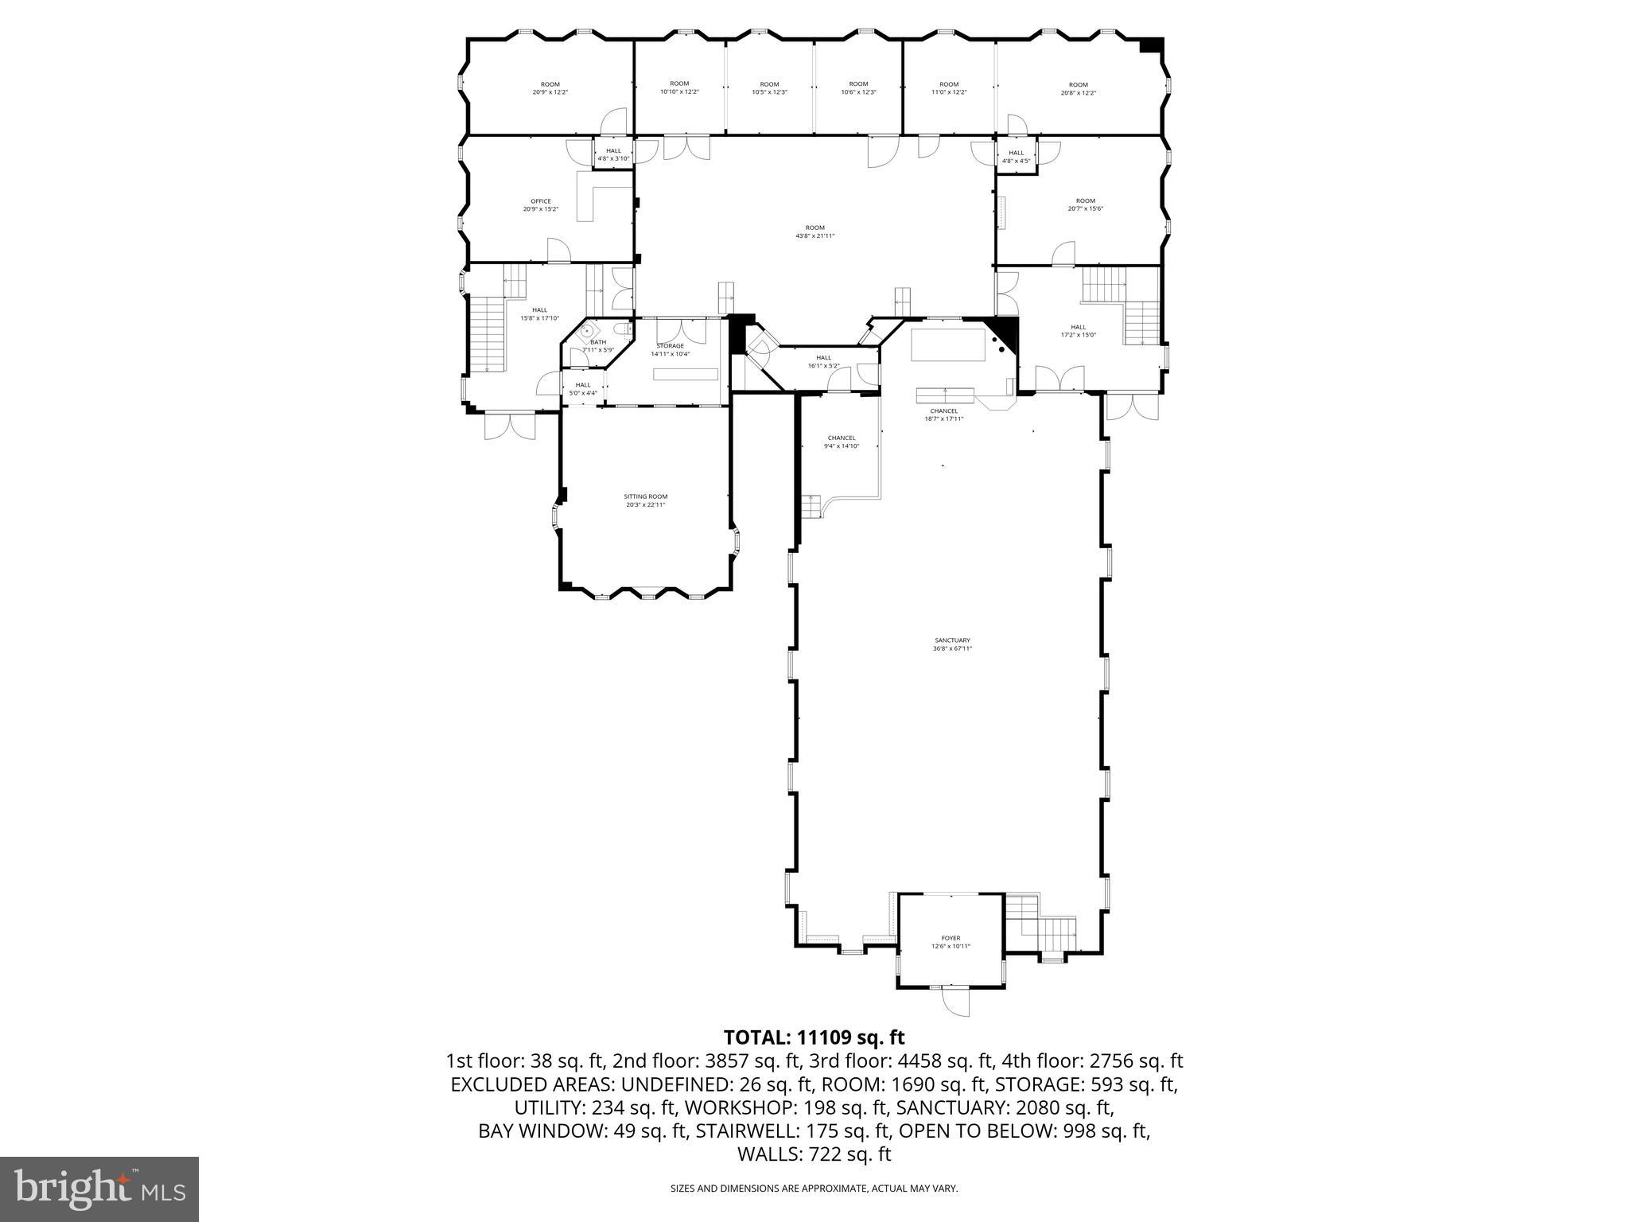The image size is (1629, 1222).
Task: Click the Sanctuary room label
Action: click(x=952, y=644)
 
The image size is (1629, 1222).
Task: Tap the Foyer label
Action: click(x=951, y=942)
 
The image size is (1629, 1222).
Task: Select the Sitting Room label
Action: click(x=645, y=500)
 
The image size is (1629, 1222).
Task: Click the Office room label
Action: click(x=541, y=205)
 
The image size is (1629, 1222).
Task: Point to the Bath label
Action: click(x=597, y=345)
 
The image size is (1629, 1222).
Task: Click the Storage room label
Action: click(x=670, y=349)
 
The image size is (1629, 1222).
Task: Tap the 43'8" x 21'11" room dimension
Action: click(x=814, y=235)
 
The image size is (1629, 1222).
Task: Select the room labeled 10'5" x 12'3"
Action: click(x=769, y=88)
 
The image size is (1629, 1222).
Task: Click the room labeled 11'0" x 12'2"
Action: click(x=949, y=88)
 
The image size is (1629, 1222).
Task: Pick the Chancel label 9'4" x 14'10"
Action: click(x=841, y=442)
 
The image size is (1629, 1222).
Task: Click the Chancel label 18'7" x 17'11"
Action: click(x=943, y=414)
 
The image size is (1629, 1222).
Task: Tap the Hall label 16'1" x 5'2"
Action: click(x=823, y=361)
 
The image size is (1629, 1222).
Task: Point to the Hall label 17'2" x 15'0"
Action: click(x=1078, y=331)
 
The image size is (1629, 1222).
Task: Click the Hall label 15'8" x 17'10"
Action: click(x=539, y=313)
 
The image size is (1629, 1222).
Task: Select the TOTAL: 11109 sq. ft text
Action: click(x=814, y=1037)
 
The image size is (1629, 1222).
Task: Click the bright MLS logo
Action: click(x=99, y=1189)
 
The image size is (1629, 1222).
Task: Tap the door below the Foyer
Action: click(x=955, y=1002)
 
